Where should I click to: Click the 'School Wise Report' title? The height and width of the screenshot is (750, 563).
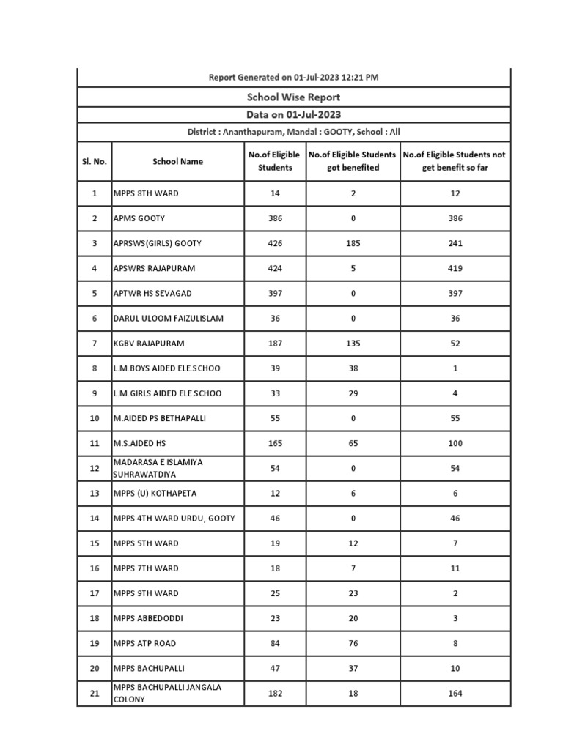coord(293,97)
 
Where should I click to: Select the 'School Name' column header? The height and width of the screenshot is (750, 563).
coord(178,161)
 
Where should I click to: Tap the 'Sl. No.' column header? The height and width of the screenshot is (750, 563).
coord(95,161)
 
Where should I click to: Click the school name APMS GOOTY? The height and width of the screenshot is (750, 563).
coord(139,218)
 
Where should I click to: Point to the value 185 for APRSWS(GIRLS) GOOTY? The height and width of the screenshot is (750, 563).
coord(353,243)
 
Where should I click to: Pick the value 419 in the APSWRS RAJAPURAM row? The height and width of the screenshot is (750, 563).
coord(455,268)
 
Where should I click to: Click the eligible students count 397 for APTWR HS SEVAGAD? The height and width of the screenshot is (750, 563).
coord(275,293)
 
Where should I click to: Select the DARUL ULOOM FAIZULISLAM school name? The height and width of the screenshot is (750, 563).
coord(167,318)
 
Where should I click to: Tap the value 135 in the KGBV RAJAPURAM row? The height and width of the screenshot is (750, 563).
coord(353,343)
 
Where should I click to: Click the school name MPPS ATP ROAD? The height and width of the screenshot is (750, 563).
coord(144,643)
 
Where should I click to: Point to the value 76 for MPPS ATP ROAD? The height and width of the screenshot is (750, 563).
coord(353,643)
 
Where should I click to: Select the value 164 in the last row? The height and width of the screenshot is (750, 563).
coord(455,693)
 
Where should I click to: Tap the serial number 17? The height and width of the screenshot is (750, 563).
coord(95,593)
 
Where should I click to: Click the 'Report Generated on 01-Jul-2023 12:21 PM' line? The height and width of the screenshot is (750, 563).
coord(293,77)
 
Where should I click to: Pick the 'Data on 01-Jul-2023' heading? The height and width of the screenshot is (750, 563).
coord(293,114)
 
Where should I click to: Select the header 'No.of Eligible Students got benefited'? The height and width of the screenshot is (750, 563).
coord(353,161)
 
